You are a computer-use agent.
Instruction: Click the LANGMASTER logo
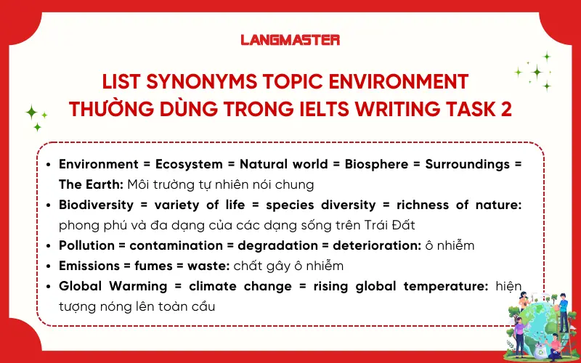[290, 40]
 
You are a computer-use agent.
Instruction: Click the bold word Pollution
[86, 245]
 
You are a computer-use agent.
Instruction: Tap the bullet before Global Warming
[48, 286]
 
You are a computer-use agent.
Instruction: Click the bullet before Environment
[48, 164]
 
